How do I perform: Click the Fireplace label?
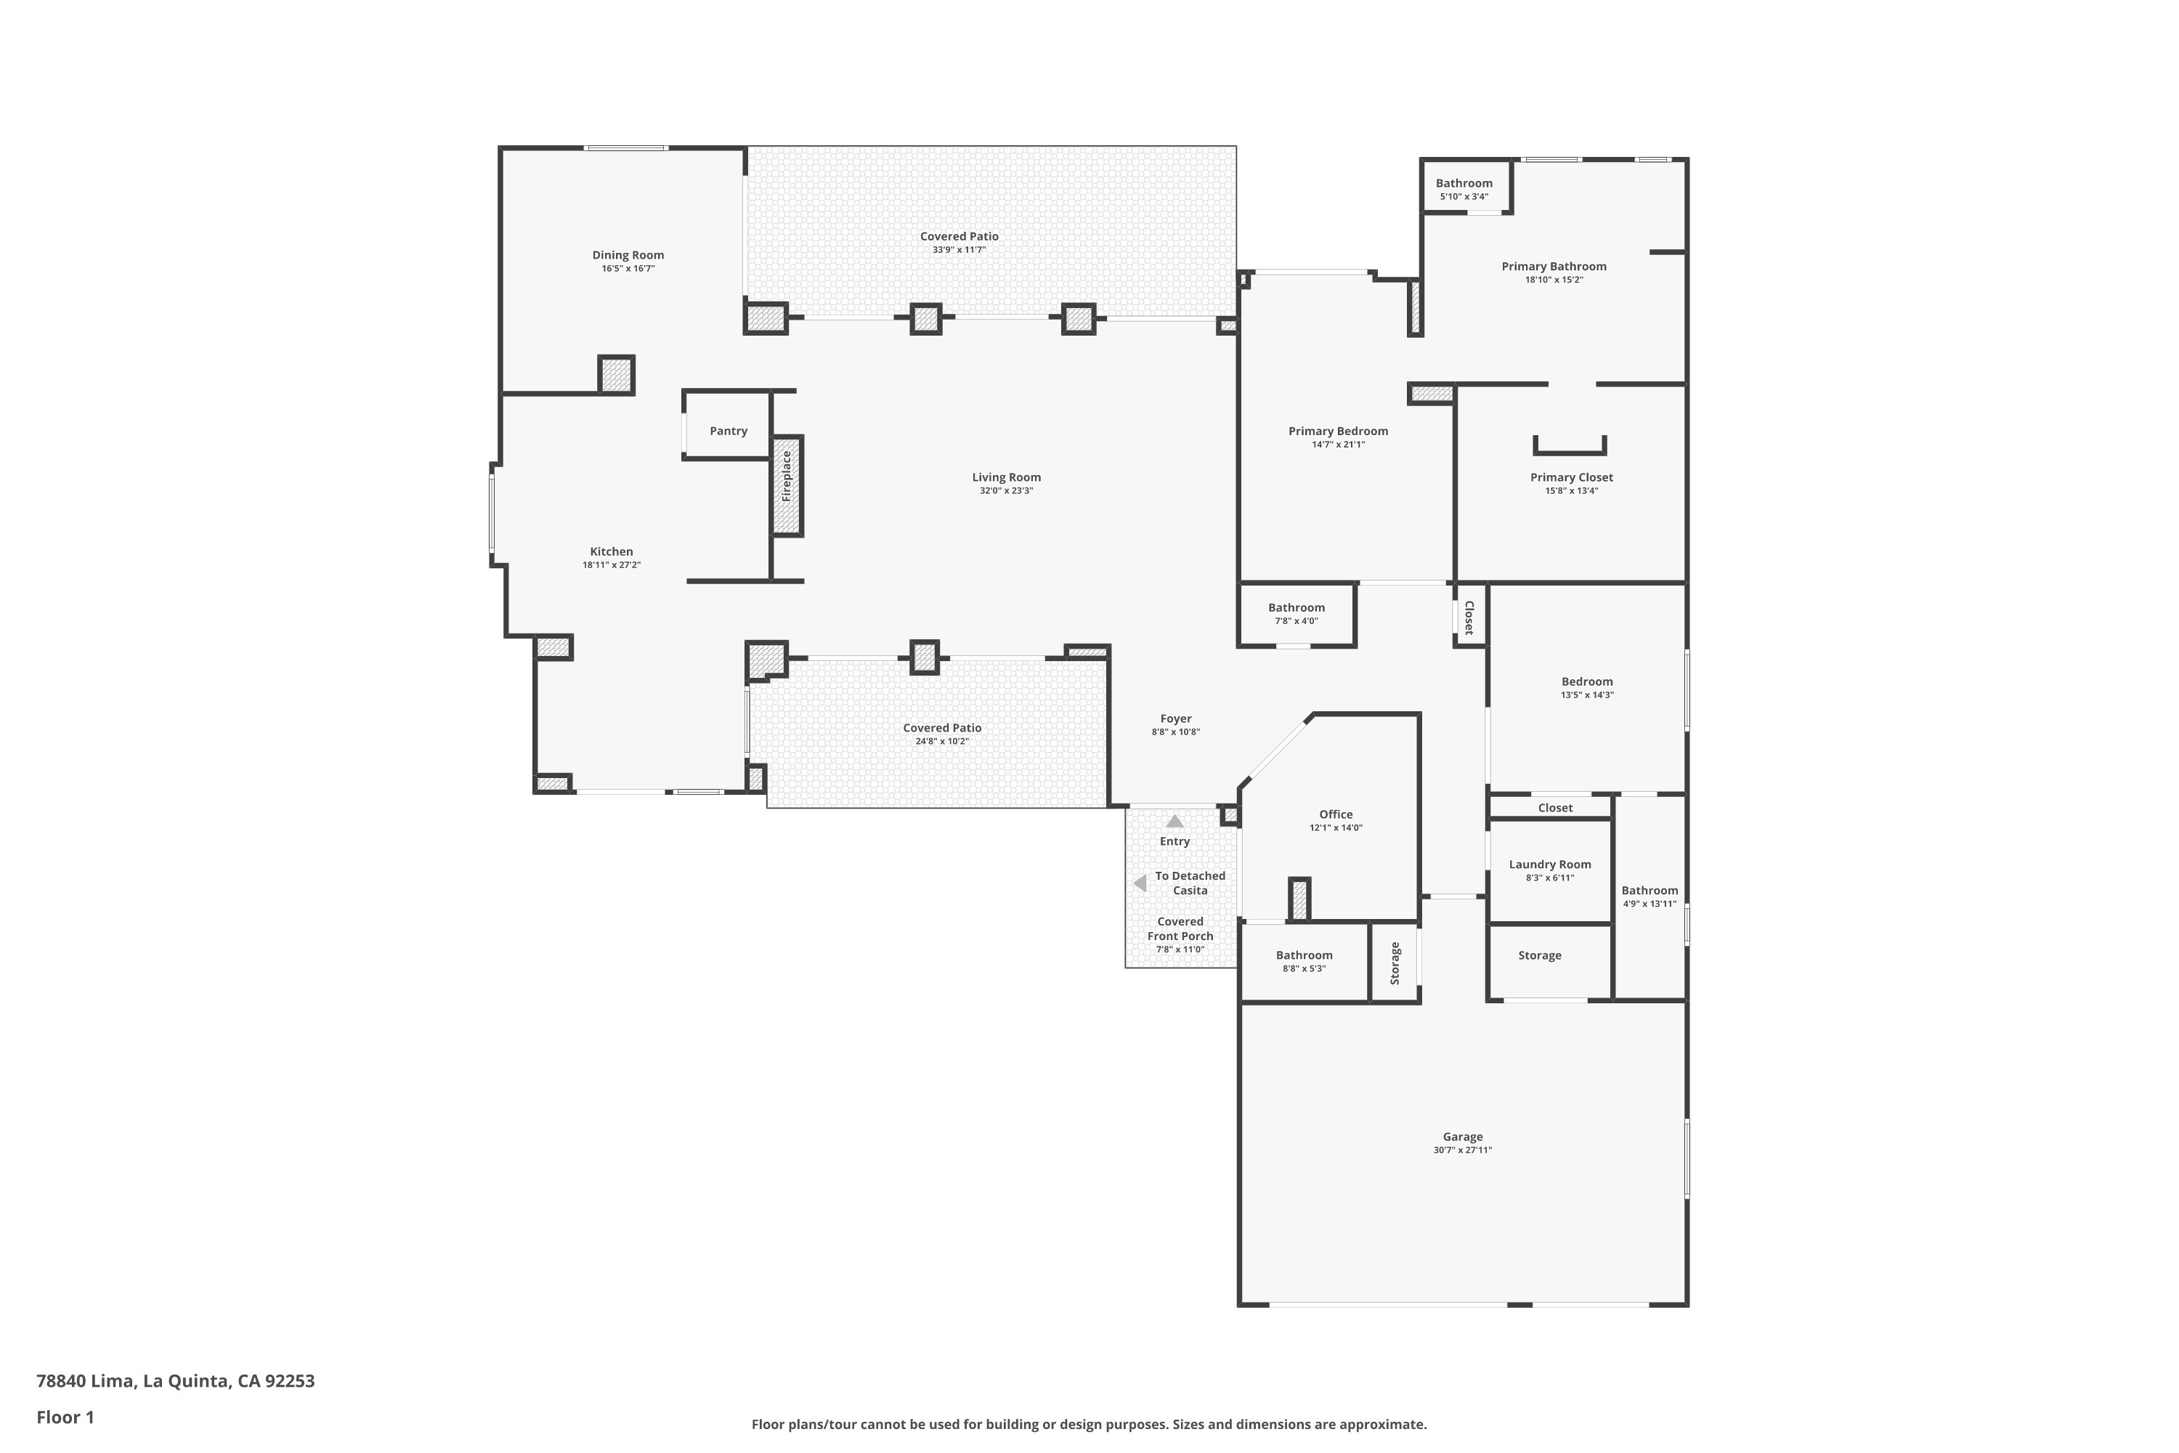pos(787,477)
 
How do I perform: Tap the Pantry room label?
pos(729,431)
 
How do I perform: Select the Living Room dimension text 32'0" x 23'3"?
pos(1006,491)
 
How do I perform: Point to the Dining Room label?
pos(628,255)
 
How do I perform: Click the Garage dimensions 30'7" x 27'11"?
pos(1463,1150)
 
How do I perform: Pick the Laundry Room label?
pos(1550,865)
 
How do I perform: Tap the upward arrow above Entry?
pos(1174,821)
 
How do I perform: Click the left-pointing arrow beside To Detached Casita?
pos(1140,883)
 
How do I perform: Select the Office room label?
pos(1336,814)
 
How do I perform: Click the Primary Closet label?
pos(1571,477)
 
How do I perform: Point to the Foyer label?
pos(1176,719)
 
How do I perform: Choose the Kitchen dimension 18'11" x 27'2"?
pos(612,565)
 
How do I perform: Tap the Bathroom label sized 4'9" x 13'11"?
pos(1649,891)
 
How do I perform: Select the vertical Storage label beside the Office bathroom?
pos(1395,963)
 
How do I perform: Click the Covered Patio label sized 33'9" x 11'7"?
pos(959,236)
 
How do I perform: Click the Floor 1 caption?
pos(65,1417)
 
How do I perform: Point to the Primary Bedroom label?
pos(1338,431)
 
